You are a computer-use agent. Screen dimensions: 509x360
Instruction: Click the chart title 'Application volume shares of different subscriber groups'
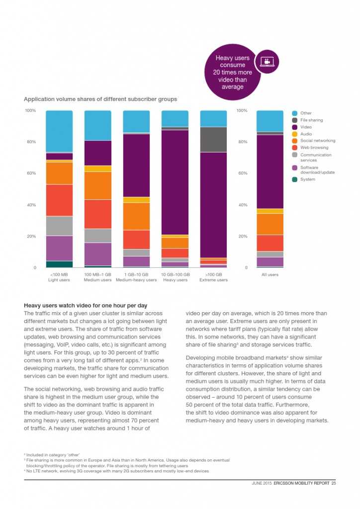[x=100, y=99]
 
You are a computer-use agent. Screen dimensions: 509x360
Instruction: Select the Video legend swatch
[x=295, y=127]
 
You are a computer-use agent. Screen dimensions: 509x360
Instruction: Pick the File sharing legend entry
[x=311, y=120]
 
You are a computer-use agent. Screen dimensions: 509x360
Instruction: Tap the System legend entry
[x=307, y=179]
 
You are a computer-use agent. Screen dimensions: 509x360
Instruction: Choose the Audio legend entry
[x=306, y=134]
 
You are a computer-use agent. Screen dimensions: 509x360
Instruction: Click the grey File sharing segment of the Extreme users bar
[x=213, y=139]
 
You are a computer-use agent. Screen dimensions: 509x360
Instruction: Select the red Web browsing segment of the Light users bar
[x=59, y=200]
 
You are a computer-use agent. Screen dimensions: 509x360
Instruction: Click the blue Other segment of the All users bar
[x=270, y=121]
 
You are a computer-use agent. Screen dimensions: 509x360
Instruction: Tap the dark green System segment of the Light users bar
[x=59, y=264]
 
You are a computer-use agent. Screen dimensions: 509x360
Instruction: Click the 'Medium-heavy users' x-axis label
[x=136, y=280]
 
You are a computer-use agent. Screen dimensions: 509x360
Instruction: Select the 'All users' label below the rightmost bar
[x=270, y=274]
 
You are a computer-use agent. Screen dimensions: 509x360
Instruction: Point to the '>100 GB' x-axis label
[x=213, y=274]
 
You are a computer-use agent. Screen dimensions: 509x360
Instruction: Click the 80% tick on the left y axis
[x=31, y=142]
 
